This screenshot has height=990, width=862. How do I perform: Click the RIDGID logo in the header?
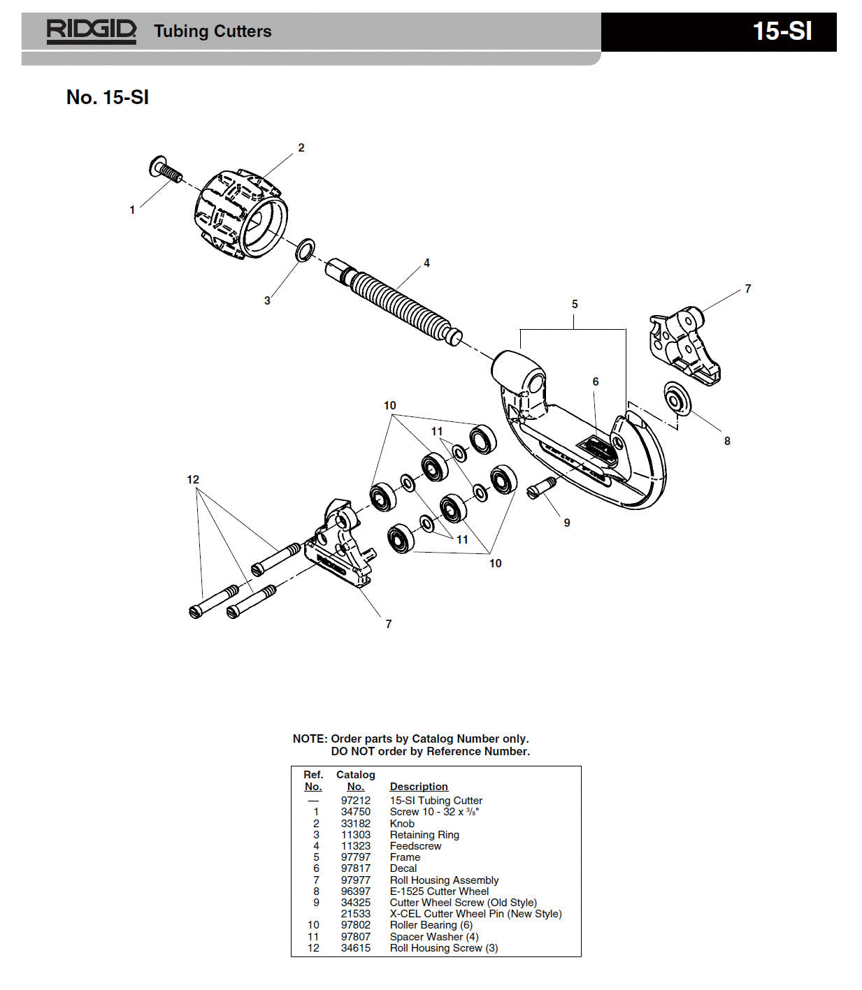pos(91,31)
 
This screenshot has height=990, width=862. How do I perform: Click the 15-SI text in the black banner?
pos(782,31)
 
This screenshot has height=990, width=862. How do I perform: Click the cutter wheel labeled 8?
pos(676,399)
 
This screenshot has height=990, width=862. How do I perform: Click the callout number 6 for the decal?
pos(596,381)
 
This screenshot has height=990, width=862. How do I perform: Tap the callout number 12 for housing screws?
pos(193,479)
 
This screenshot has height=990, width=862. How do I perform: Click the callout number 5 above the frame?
pos(575,304)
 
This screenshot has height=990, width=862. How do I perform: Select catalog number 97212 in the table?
pos(356,801)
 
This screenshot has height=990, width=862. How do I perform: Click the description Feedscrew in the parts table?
pos(415,846)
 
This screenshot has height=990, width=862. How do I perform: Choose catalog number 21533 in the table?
pos(356,914)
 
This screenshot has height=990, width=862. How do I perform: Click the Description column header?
pos(418,787)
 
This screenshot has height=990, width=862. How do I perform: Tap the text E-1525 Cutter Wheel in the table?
pos(439,891)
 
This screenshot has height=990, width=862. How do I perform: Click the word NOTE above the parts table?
pos(309,738)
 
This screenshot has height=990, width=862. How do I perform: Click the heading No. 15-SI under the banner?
pos(108,97)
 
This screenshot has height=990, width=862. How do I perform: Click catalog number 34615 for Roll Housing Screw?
pos(356,948)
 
